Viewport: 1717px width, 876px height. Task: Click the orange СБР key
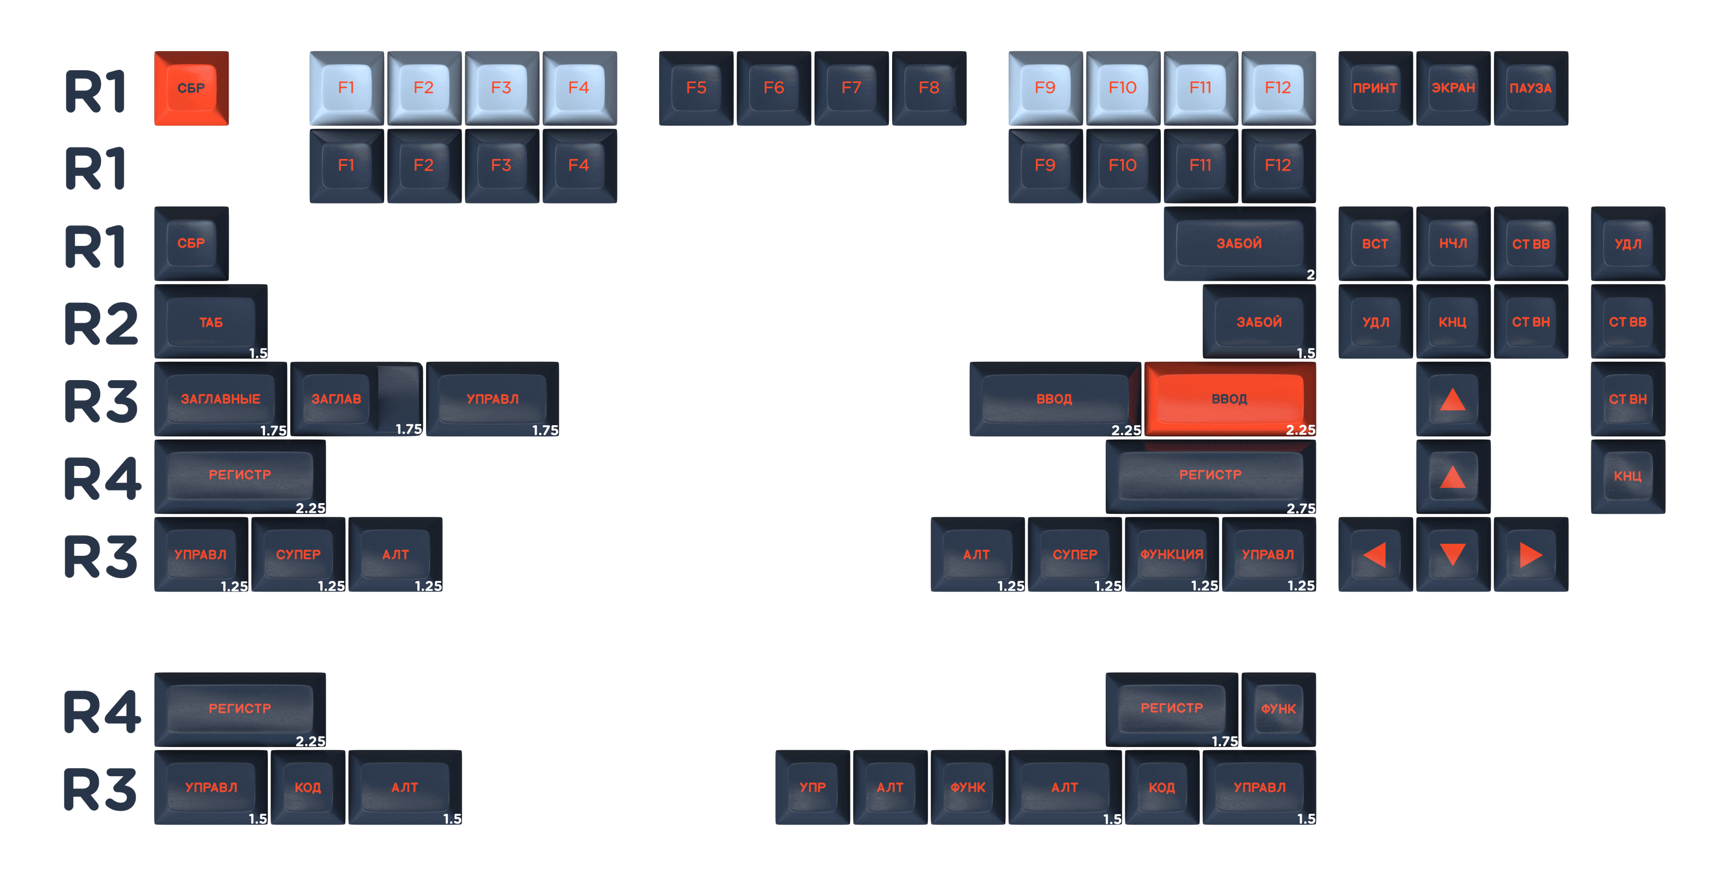tap(191, 88)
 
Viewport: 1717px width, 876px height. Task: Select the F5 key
tap(696, 88)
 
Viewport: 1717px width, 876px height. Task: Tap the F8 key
tap(929, 88)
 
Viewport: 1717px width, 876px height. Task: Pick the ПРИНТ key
tap(1375, 88)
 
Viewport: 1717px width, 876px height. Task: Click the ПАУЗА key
tap(1531, 88)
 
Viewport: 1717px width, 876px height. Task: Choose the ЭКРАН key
tap(1453, 88)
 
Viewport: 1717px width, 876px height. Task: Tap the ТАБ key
tap(211, 322)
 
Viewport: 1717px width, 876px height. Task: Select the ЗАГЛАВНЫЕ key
tap(220, 399)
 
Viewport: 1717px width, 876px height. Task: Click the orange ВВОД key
tap(1229, 399)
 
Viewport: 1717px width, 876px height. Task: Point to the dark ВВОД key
tap(1054, 399)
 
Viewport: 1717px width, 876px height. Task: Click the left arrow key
tap(1375, 554)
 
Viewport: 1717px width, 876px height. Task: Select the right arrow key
tap(1531, 554)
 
